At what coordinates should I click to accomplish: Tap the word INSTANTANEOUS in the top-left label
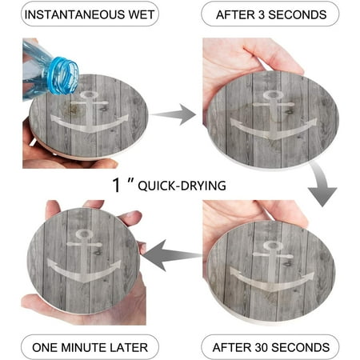74,14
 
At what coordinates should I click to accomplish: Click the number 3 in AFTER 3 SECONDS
262,15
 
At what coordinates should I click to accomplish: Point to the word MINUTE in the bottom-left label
84,347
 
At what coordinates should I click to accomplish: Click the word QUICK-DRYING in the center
182,186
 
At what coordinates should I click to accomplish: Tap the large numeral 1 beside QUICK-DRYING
116,185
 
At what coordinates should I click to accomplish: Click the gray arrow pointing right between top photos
174,114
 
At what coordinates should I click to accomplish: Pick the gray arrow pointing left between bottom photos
172,254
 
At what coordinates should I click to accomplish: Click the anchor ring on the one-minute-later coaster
84,234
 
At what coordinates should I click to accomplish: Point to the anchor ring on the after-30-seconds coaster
273,246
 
